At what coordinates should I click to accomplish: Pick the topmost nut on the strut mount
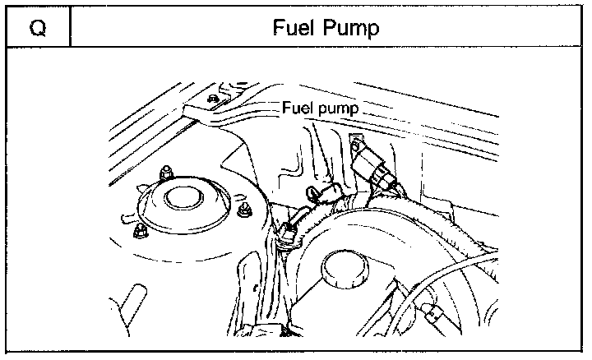[x=164, y=172]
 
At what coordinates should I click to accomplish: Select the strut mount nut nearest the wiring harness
[x=244, y=210]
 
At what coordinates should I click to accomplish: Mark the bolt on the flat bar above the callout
[x=213, y=99]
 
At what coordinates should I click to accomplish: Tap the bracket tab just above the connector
[x=355, y=142]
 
